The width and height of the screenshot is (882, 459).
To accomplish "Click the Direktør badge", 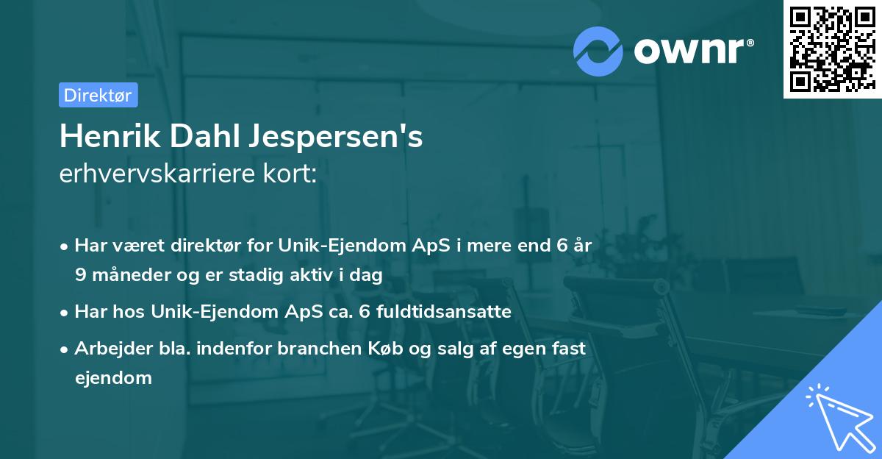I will point(98,95).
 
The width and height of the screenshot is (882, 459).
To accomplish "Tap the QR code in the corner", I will point(832,49).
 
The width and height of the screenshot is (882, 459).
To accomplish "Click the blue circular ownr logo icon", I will point(598,51).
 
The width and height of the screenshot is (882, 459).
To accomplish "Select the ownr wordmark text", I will point(692,51).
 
